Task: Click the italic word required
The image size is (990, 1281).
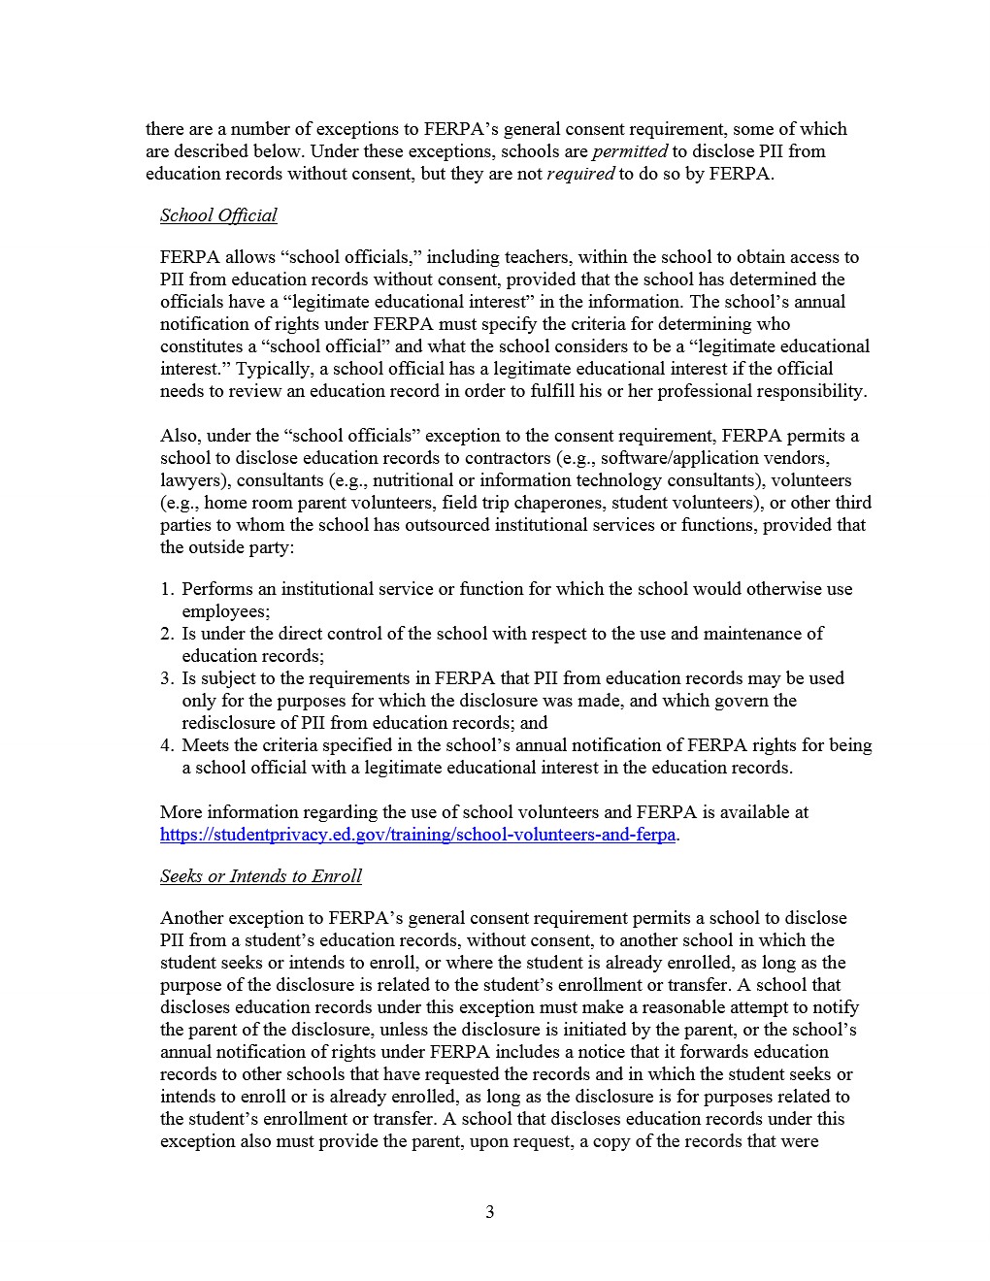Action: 580,174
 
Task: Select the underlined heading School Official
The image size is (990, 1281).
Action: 218,215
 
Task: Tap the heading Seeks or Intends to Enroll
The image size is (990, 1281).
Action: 260,876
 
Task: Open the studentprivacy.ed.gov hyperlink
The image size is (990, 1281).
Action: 417,835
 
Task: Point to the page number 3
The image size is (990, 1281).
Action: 490,1212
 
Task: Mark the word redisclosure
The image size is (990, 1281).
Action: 230,723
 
